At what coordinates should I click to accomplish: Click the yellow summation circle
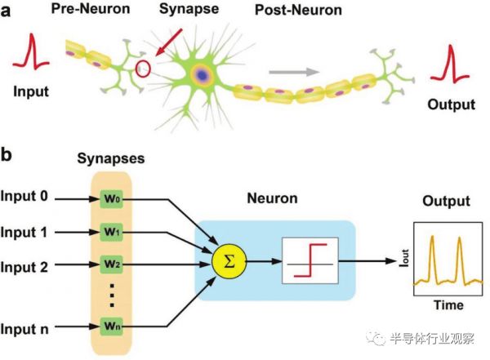(228, 263)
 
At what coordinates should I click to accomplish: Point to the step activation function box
(309, 263)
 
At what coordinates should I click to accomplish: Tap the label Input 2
(29, 265)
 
